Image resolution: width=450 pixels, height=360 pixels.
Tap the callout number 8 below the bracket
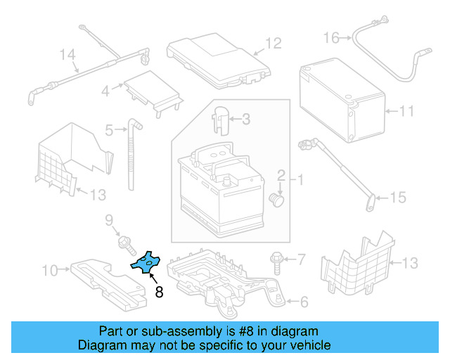point(159,292)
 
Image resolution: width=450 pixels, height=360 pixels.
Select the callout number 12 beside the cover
point(273,44)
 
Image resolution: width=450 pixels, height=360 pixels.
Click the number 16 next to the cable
point(331,37)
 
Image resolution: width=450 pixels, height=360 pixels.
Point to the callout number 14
point(67,54)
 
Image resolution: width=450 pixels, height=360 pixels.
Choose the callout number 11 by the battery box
point(407,111)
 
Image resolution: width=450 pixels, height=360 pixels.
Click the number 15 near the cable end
point(398,198)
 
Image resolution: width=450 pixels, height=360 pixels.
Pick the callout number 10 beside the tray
point(50,270)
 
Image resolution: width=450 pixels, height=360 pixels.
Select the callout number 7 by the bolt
point(302,260)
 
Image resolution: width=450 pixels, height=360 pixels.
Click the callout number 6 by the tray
point(303,302)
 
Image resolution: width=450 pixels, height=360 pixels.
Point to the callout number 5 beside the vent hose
point(109,129)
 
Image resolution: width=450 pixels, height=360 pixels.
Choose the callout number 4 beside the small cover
point(105,91)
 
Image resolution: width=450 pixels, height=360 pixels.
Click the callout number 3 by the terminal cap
point(245,120)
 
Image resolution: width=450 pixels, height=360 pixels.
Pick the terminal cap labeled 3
point(220,117)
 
